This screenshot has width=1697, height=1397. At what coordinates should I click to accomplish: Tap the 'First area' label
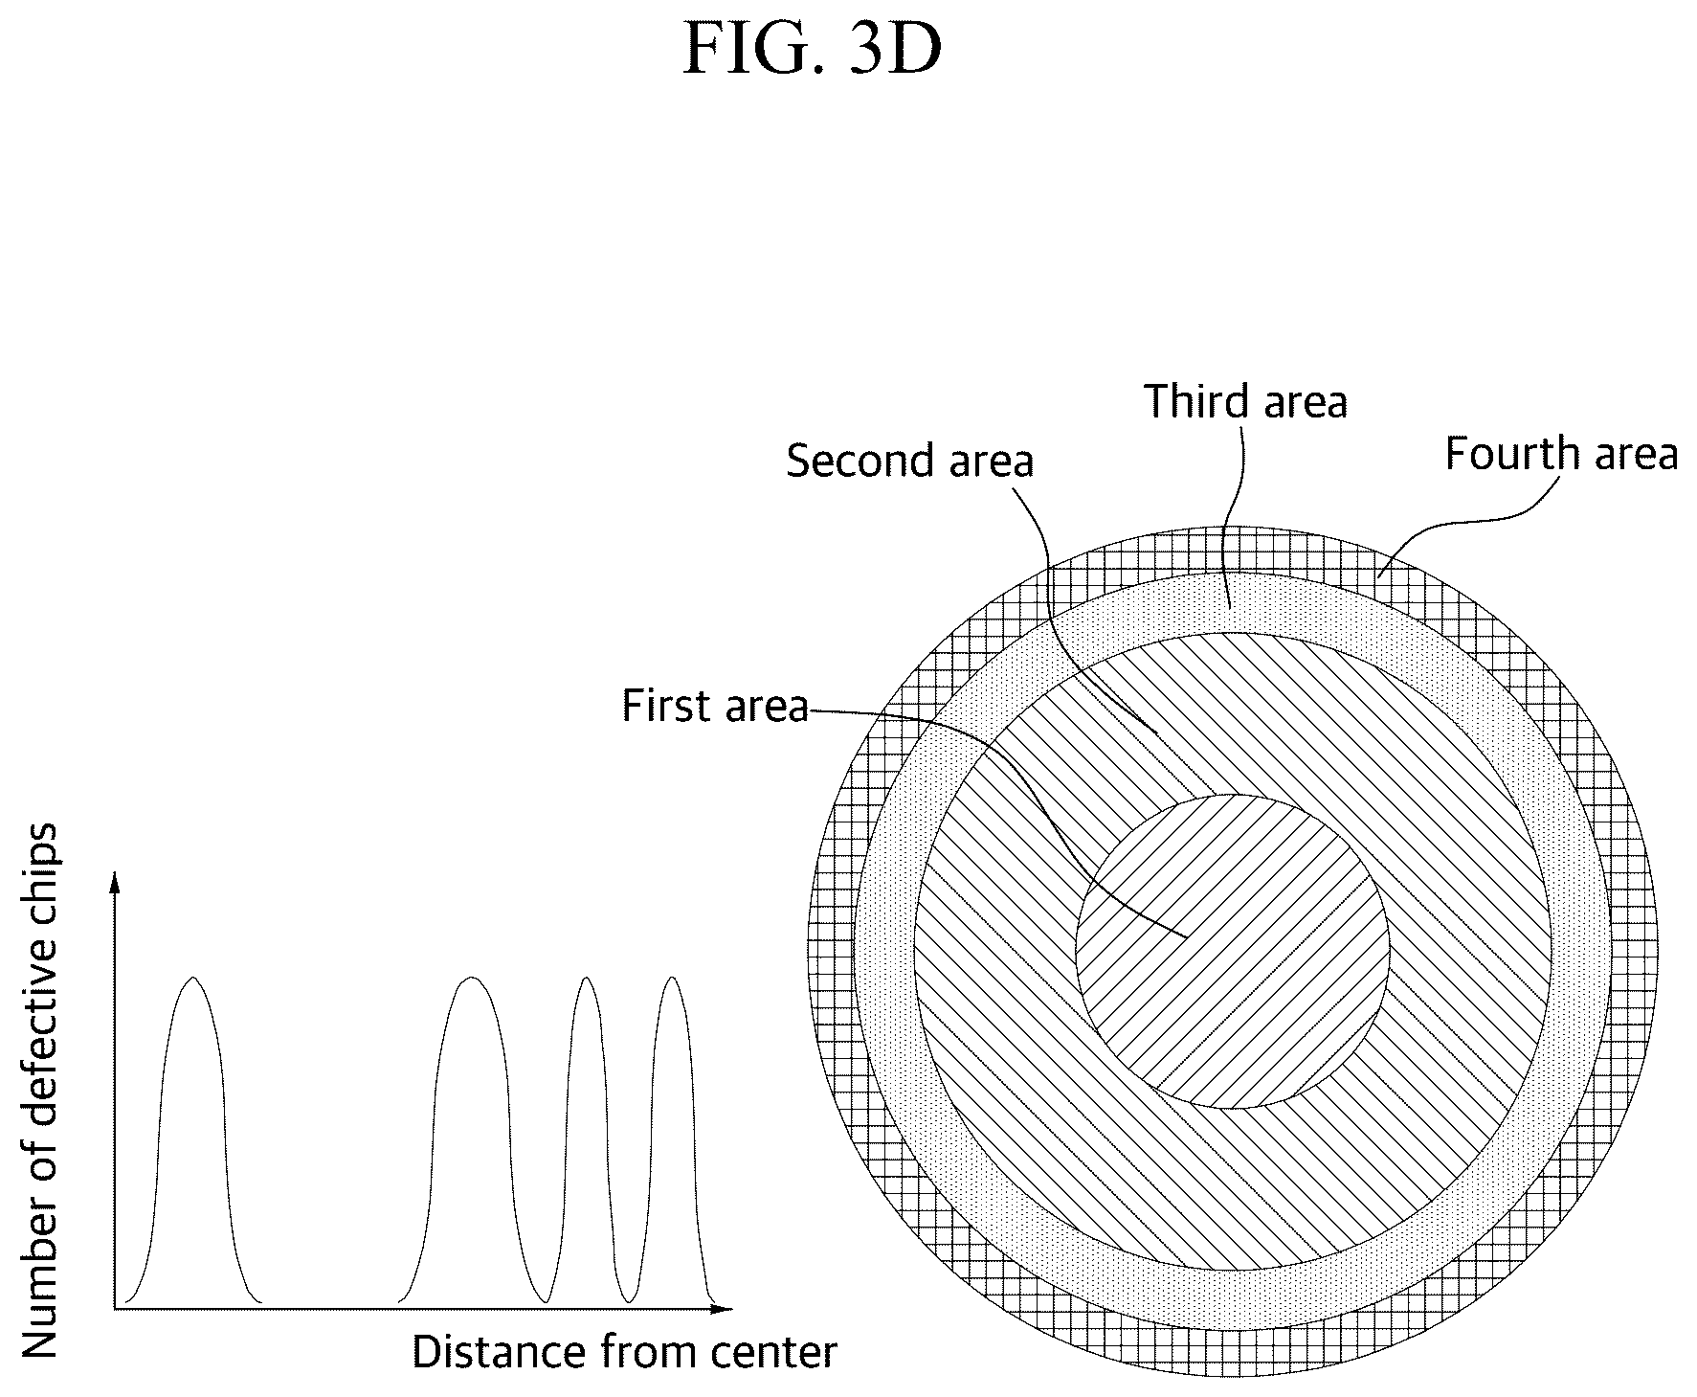point(715,706)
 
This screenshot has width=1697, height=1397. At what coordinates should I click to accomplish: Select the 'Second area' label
point(910,461)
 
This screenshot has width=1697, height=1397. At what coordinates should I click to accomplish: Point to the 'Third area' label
point(1246,401)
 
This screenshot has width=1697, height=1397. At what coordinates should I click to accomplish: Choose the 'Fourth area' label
point(1561,453)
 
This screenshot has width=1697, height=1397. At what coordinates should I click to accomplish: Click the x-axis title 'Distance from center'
point(625,1352)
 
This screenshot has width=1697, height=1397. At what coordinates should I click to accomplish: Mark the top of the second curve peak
point(471,978)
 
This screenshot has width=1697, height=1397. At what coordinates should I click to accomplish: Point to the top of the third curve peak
point(586,978)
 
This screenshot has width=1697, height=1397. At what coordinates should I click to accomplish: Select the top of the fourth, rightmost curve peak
point(673,978)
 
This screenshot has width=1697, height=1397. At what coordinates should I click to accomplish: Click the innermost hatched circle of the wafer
point(1233,951)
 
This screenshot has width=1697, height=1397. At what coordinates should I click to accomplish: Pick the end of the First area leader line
point(1187,936)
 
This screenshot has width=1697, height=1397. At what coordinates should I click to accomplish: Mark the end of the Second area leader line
point(1157,734)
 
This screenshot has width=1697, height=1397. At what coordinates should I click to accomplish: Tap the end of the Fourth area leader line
point(1378,576)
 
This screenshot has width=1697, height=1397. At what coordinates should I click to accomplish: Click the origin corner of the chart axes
point(115,1308)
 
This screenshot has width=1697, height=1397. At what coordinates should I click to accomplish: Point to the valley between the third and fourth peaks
point(629,1301)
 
